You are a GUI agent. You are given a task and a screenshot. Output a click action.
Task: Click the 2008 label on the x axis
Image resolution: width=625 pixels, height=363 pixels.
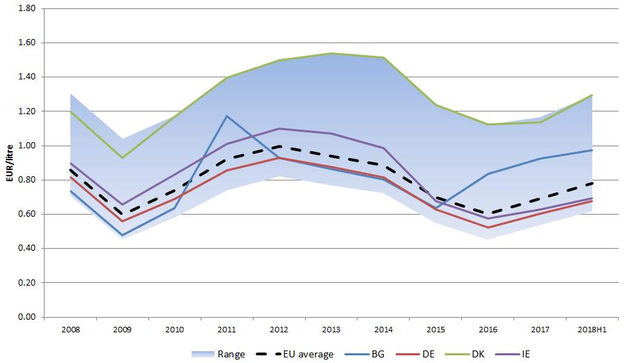(x=70, y=328)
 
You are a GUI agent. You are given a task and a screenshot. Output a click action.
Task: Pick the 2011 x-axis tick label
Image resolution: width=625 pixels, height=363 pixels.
(x=227, y=328)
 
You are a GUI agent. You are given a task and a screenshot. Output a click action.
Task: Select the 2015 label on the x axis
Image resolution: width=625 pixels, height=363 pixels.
(x=435, y=328)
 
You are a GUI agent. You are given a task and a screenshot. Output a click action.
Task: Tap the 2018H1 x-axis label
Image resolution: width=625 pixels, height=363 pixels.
(x=592, y=328)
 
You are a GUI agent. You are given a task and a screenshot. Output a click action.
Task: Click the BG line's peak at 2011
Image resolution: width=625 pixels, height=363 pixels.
(x=227, y=116)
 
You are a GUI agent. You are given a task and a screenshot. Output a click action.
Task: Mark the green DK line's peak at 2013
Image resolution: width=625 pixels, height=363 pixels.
(x=331, y=54)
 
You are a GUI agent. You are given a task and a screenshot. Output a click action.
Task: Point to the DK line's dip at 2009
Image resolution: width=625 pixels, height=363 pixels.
(x=123, y=158)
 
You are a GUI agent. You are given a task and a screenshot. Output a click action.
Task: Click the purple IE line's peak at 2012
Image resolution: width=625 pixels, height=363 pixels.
(x=279, y=129)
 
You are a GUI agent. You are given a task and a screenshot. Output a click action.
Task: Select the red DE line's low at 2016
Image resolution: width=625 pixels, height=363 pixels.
(x=488, y=228)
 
